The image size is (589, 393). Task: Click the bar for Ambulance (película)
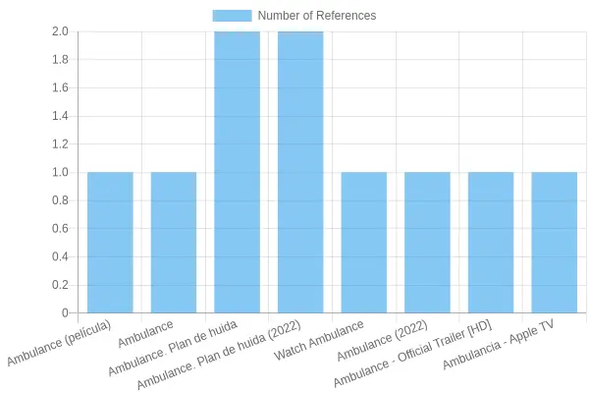[x=110, y=243]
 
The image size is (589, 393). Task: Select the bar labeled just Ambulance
[x=174, y=243]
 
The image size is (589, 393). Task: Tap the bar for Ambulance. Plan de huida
[x=237, y=172]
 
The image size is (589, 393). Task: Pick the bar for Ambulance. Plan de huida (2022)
[x=300, y=172]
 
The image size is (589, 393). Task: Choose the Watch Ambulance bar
[x=364, y=243]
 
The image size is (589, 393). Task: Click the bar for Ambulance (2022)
[x=427, y=243]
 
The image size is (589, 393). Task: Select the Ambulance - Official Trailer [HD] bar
[x=491, y=243]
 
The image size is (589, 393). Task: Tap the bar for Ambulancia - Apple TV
[x=555, y=243]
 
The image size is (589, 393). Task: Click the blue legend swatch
[x=232, y=16]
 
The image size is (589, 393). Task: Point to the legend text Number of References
[x=317, y=16]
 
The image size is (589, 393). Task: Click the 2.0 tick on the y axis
[x=60, y=31]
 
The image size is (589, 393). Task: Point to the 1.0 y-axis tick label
[x=60, y=172]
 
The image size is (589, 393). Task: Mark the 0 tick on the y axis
[x=66, y=312]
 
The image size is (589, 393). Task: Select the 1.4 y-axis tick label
[x=60, y=116]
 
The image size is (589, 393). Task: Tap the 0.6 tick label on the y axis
[x=60, y=229]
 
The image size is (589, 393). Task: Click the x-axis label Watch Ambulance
[x=319, y=340]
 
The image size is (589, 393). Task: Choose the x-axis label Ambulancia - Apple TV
[x=498, y=345]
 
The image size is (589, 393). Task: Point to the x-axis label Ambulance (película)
[x=59, y=343]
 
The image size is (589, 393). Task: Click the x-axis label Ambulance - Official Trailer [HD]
[x=413, y=354]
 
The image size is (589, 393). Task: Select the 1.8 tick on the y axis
[x=60, y=59]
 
